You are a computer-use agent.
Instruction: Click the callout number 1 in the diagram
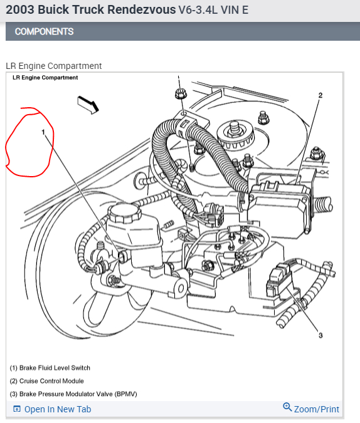pyautogui.click(x=43, y=133)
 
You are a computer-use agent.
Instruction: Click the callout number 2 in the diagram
pyautogui.click(x=320, y=95)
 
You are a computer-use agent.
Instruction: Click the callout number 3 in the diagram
pyautogui.click(x=320, y=335)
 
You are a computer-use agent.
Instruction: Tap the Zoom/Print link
pyautogui.click(x=316, y=409)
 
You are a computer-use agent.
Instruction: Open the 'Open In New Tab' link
pyautogui.click(x=57, y=409)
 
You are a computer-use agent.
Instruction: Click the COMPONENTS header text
pyautogui.click(x=44, y=31)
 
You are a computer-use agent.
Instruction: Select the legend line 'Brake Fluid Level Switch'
pyautogui.click(x=50, y=368)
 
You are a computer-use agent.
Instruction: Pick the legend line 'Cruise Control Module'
pyautogui.click(x=47, y=381)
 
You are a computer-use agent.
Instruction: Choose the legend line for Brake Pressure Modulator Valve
pyautogui.click(x=73, y=394)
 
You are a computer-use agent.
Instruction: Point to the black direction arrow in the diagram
pyautogui.click(x=88, y=104)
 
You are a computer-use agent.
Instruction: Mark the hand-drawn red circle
pyautogui.click(x=29, y=142)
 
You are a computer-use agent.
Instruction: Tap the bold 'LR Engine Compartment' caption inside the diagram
pyautogui.click(x=45, y=78)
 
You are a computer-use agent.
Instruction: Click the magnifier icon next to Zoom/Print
pyautogui.click(x=287, y=408)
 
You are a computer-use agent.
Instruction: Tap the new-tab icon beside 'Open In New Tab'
pyautogui.click(x=17, y=409)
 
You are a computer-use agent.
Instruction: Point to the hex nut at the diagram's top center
pyautogui.click(x=181, y=95)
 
